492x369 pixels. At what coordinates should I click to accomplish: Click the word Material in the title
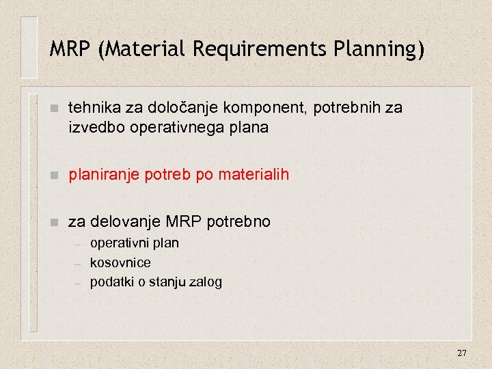145,50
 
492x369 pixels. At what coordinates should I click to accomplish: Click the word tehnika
91,108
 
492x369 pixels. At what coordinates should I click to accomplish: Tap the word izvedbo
94,128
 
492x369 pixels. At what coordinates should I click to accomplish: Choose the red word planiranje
100,176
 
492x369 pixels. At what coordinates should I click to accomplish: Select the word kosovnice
120,262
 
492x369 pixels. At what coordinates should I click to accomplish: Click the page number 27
462,353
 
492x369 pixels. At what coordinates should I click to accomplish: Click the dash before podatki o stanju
78,283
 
